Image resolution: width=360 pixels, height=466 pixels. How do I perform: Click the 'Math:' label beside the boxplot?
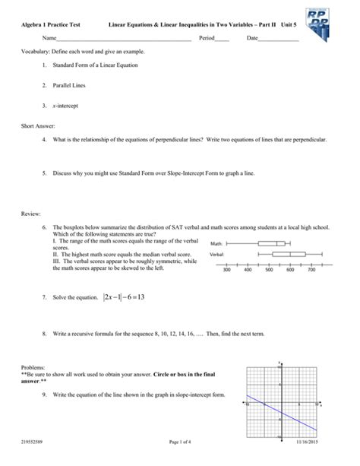pyautogui.click(x=216, y=244)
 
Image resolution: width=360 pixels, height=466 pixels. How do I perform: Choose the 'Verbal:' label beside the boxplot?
pyautogui.click(x=216, y=254)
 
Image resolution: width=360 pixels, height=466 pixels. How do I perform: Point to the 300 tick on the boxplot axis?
pyautogui.click(x=227, y=270)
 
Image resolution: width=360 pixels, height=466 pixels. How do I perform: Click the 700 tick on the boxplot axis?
pyautogui.click(x=311, y=270)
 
